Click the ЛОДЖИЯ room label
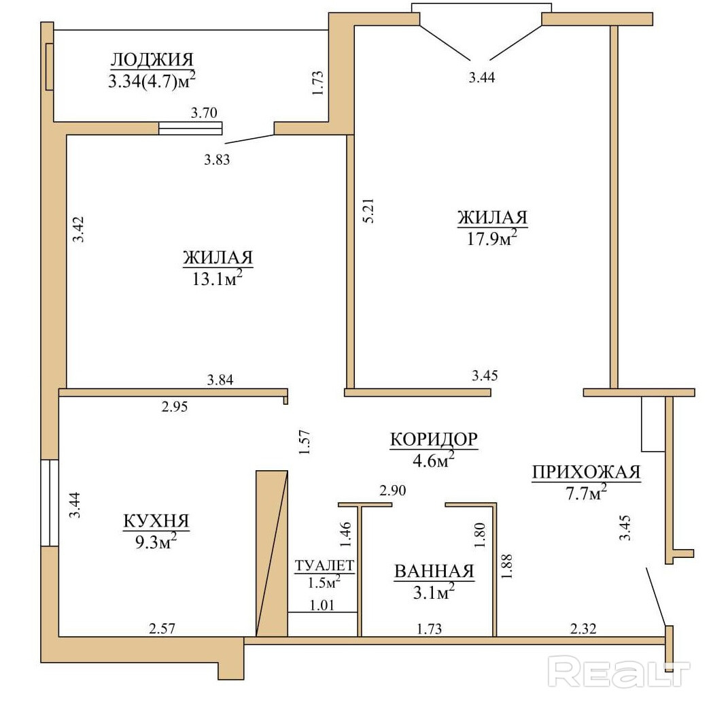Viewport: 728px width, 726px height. pos(152,60)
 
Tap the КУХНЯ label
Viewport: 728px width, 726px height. pos(156,521)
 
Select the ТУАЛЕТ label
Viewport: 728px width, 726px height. pos(324,565)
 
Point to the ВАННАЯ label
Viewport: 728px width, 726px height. pos(434,572)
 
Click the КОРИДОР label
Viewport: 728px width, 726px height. pos(434,440)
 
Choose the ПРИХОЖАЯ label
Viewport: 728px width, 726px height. pos(587,472)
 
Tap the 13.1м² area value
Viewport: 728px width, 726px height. pos(218,279)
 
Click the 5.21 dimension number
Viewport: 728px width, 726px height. pos(368,210)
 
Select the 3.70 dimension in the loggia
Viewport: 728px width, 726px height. pos(205,112)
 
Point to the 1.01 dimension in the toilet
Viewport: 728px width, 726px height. pos(322,605)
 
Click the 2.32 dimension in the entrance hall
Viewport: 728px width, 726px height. pos(583,629)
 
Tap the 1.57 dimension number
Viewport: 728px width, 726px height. pos(305,442)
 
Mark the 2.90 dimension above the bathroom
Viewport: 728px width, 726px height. pos(393,491)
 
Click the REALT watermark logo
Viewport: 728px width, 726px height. pos(619,671)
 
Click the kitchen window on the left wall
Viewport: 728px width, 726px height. pos(50,503)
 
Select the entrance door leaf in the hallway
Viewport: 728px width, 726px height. pos(657,597)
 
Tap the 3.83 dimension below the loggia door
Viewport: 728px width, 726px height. pos(217,160)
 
